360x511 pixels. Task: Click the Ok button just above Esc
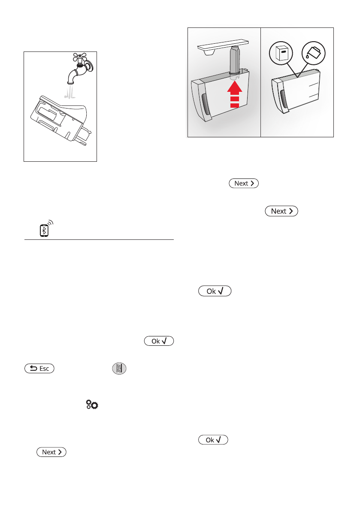point(159,341)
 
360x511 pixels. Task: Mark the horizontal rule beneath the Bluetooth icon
point(99,240)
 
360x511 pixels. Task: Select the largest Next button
point(281,211)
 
